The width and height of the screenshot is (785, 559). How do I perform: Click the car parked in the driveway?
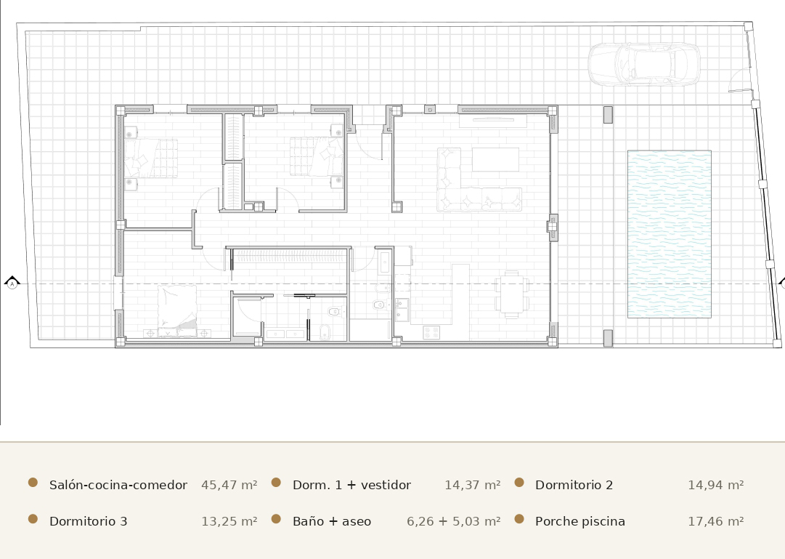[x=644, y=64]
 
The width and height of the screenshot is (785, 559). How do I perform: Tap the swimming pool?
[x=670, y=234]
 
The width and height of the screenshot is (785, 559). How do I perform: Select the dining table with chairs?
[x=512, y=294]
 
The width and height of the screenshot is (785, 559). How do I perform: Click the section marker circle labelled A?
[x=12, y=284]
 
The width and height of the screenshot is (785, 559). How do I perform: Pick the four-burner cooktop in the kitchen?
[x=431, y=332]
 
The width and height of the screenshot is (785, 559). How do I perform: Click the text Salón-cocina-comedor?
[x=118, y=485]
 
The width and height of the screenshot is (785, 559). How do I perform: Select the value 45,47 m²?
[x=229, y=485]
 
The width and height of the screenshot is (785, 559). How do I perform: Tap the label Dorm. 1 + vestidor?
[x=351, y=485]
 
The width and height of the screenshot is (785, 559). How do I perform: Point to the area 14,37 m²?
[x=473, y=485]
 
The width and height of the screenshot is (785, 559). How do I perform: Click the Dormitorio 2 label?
[x=574, y=485]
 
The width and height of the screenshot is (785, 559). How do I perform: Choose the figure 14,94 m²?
[x=716, y=485]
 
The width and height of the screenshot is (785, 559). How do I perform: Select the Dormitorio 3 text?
[x=88, y=521]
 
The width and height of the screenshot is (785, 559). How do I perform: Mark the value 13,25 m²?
[x=229, y=521]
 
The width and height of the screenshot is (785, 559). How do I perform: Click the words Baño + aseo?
[x=331, y=521]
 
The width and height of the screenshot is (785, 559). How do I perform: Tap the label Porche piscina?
[x=579, y=521]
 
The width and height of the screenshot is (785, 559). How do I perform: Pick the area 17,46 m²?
[x=716, y=521]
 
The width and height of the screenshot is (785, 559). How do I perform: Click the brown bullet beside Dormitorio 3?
[x=33, y=519]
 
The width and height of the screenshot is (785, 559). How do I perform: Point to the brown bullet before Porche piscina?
[x=519, y=519]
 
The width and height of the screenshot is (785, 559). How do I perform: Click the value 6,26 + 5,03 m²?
[x=454, y=521]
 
